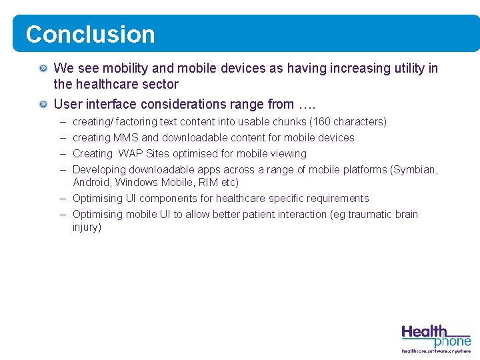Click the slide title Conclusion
click(90, 34)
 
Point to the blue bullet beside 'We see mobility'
click(43, 68)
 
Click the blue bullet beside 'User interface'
click(43, 104)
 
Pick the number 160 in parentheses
click(323, 121)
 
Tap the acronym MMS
click(126, 137)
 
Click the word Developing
click(99, 169)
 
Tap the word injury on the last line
click(86, 227)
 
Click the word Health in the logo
click(424, 331)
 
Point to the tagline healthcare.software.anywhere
click(436, 351)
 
